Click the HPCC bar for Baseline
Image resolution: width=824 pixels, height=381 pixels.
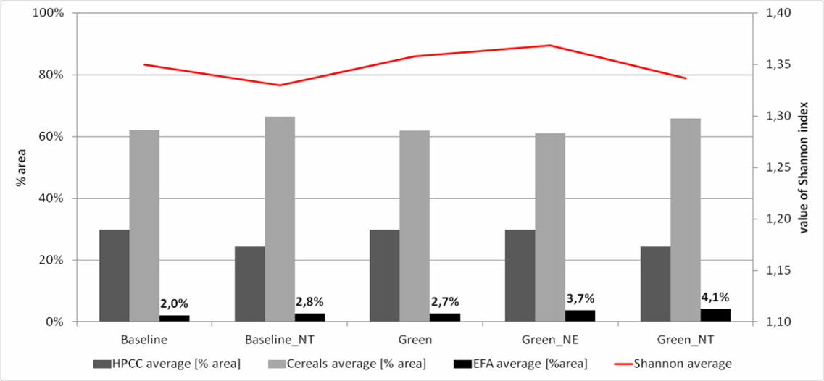[115, 276]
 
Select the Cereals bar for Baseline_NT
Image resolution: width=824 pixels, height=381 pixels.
[280, 219]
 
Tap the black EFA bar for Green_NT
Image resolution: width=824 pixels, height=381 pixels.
[716, 315]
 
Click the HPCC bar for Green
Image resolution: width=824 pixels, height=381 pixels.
[385, 276]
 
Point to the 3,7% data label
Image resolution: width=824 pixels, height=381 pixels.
[579, 298]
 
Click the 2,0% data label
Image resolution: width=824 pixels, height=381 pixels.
[175, 304]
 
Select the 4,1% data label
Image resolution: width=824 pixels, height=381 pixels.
[715, 296]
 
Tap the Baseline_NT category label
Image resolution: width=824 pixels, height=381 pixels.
[280, 339]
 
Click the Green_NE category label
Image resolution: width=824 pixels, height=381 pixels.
[550, 339]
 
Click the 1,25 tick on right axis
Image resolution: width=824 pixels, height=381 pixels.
[779, 168]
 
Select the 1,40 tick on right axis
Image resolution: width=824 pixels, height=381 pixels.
[779, 13]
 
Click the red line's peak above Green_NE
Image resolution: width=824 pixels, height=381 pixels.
[550, 45]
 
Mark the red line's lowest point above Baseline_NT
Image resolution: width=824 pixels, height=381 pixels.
[280, 85]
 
